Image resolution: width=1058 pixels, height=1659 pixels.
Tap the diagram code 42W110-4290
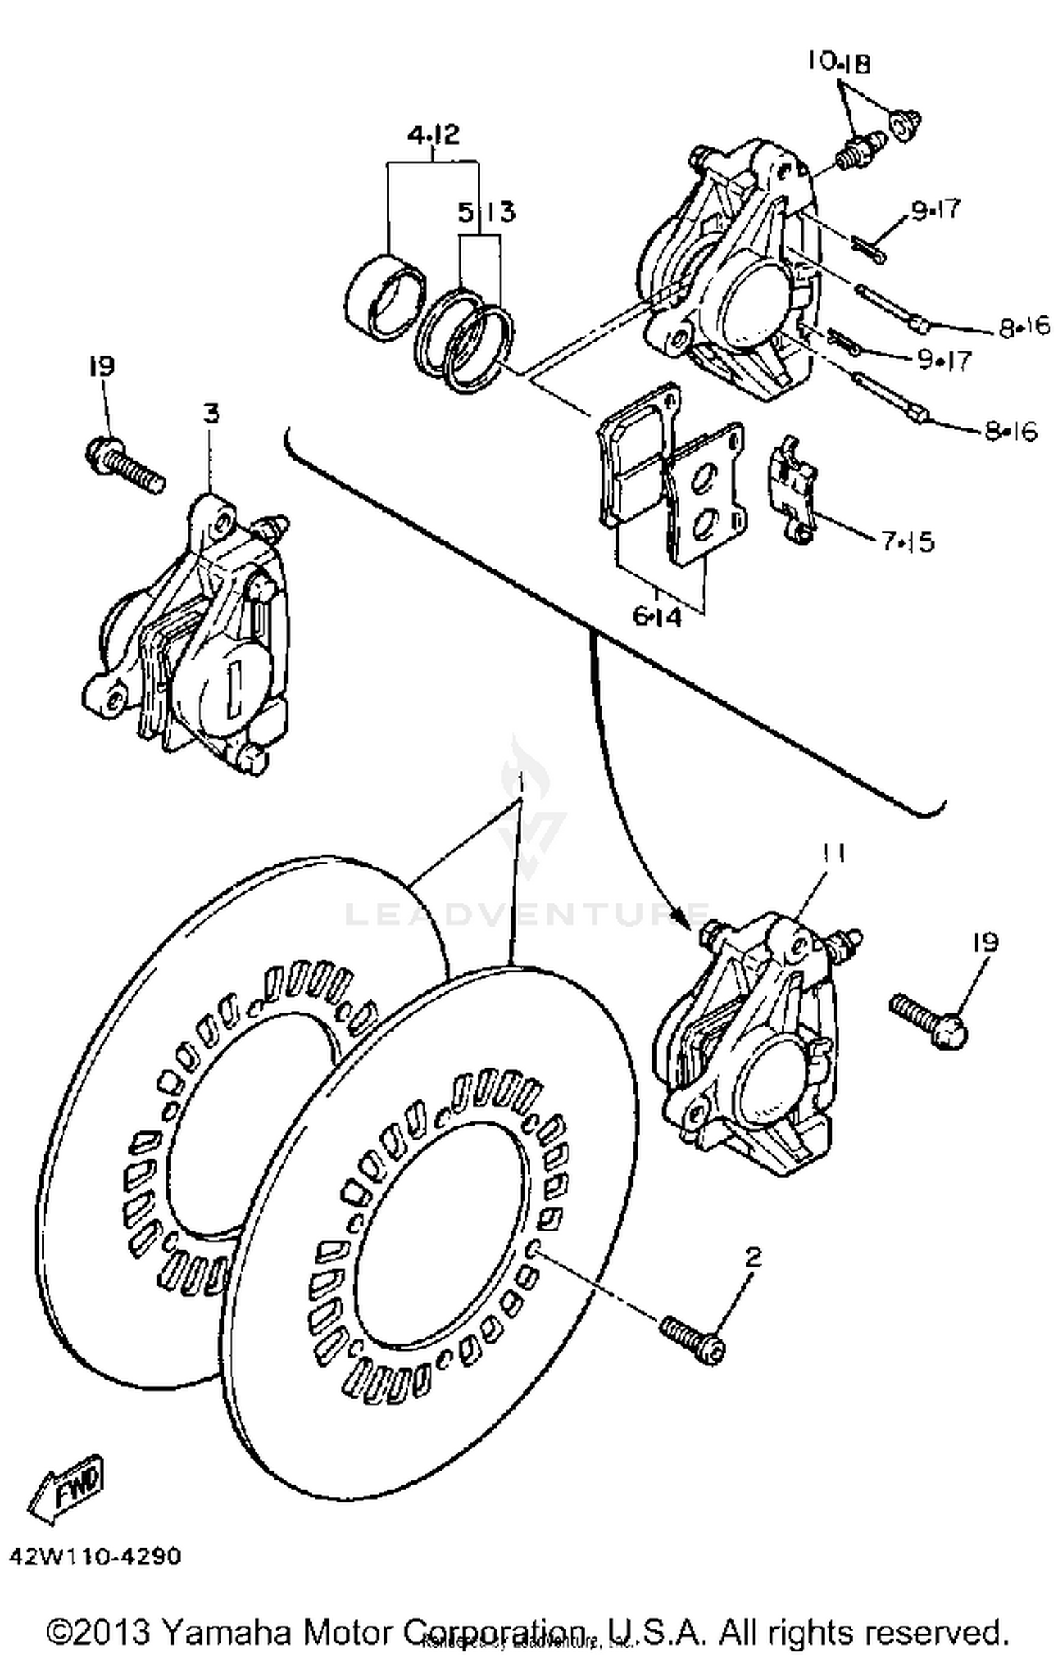pyautogui.click(x=95, y=1556)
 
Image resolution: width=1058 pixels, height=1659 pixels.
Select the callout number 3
pyautogui.click(x=211, y=414)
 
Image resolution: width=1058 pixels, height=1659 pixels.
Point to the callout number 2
pyautogui.click(x=753, y=1257)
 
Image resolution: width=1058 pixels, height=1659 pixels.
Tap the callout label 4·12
pyautogui.click(x=433, y=134)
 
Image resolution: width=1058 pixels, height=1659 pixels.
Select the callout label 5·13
pyautogui.click(x=487, y=212)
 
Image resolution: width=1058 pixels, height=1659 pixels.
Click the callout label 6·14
pyautogui.click(x=657, y=617)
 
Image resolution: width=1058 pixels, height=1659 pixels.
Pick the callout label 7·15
pyautogui.click(x=907, y=542)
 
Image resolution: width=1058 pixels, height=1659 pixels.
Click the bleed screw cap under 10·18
pyautogui.click(x=904, y=127)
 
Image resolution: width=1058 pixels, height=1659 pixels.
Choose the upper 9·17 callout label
pyautogui.click(x=936, y=210)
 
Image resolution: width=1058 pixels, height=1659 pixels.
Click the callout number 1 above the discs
pyautogui.click(x=520, y=782)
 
